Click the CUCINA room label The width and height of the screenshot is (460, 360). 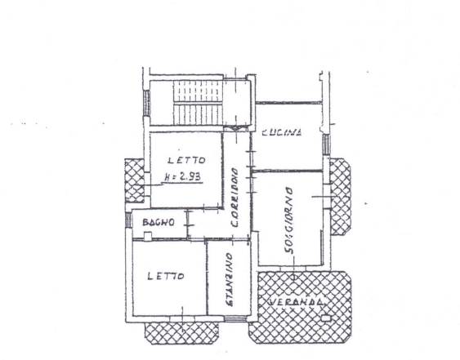coord(281,132)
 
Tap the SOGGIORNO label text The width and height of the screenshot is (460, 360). coord(289,220)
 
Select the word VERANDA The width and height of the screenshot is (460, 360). coord(297,302)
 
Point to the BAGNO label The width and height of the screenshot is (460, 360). coord(159,222)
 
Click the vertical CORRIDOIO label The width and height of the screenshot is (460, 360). coord(234,198)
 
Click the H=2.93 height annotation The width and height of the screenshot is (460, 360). coord(182,177)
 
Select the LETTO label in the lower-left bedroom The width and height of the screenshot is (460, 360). coord(166,276)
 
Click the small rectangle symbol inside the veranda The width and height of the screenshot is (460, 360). coord(325,318)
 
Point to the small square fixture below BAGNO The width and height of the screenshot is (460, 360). coord(148,236)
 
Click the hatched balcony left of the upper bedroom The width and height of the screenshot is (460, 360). coord(135,180)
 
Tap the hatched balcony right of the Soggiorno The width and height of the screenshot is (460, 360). coord(341,197)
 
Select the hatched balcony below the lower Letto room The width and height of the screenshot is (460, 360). coord(182,333)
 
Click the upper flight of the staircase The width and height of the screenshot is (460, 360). coord(197,91)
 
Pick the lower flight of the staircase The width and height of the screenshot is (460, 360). coord(197,114)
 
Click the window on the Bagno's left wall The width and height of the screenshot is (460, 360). coord(128,220)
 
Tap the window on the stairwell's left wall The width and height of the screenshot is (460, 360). coord(147,103)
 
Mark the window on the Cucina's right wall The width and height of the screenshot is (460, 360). coord(326,144)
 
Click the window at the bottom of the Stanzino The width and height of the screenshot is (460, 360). coord(235,319)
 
